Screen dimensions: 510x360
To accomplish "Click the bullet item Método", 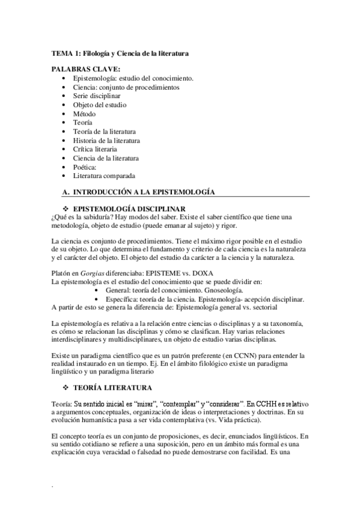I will tap(84, 114).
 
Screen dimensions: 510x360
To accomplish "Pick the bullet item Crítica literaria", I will tap(95, 149).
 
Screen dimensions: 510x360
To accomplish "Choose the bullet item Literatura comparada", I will tap(104, 176).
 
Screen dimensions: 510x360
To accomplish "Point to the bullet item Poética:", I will tap(85, 167).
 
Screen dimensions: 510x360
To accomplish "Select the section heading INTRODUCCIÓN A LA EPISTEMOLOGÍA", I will tap(144, 191).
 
